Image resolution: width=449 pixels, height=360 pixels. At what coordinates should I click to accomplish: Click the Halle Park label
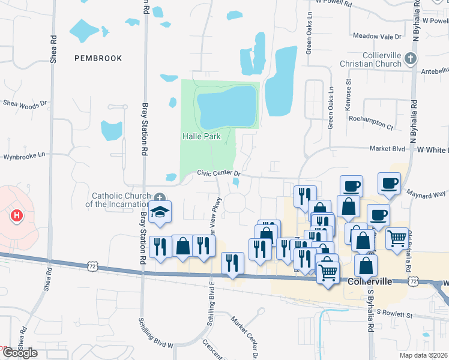(201, 137)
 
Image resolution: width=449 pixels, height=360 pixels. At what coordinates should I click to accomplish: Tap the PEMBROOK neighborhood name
(98, 58)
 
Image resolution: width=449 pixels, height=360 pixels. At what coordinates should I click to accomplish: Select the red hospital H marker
(17, 215)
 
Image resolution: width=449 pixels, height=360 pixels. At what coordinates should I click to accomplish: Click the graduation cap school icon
(160, 212)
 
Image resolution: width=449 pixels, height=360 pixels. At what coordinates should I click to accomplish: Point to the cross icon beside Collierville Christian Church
(411, 58)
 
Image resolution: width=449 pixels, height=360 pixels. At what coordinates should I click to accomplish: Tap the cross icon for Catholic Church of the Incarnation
(160, 197)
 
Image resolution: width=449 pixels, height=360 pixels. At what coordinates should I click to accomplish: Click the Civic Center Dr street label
(219, 173)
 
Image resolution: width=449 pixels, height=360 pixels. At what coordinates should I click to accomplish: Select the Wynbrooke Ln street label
(25, 155)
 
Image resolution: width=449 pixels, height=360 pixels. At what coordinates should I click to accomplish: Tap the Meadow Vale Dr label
(376, 36)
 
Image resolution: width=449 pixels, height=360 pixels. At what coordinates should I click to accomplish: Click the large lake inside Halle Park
(227, 107)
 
